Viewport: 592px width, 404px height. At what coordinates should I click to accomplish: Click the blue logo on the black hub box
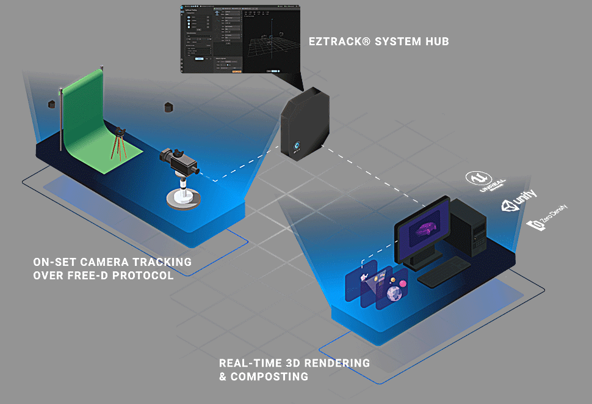tap(297, 146)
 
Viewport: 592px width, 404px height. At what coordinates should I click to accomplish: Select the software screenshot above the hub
tap(240, 38)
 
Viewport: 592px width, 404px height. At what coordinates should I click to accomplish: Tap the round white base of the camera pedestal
tap(181, 198)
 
